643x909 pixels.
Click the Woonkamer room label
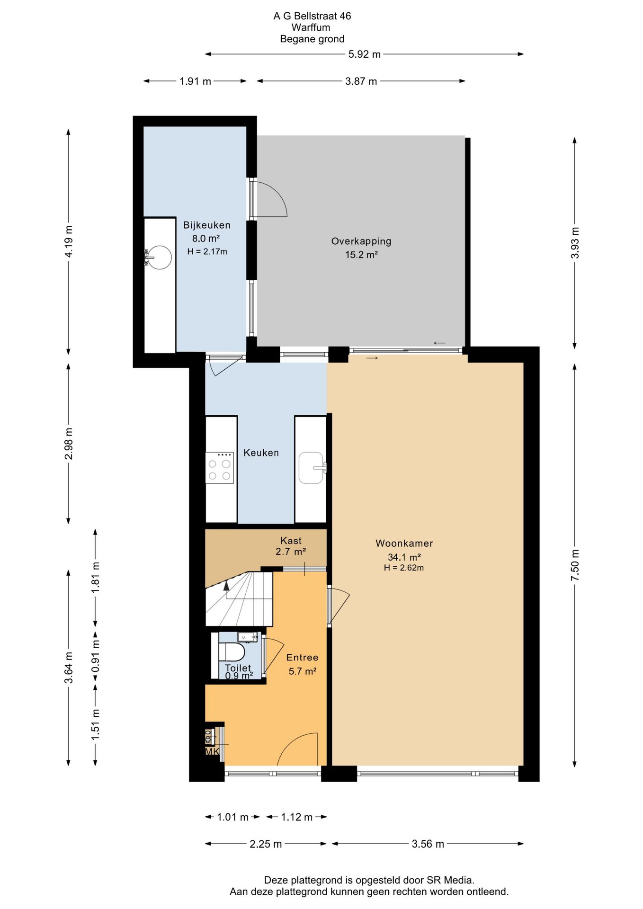click(x=404, y=544)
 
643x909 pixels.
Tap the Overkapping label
click(x=361, y=241)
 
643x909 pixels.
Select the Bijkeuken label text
click(x=207, y=225)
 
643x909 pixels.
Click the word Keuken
click(x=261, y=453)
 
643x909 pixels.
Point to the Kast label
click(x=291, y=541)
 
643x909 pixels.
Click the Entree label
click(x=302, y=658)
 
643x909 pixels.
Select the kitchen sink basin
click(x=311, y=468)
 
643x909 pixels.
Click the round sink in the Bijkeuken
click(x=160, y=258)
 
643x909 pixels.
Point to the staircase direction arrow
click(x=226, y=586)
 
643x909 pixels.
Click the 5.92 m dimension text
click(x=364, y=54)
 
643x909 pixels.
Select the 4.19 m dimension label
click(x=69, y=241)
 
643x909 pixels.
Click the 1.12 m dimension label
click(x=296, y=817)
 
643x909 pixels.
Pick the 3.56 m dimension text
click(x=428, y=844)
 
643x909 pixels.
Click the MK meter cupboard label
click(x=212, y=751)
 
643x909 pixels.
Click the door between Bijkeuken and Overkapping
click(x=268, y=198)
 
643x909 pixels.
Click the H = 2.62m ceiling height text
click(x=403, y=568)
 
